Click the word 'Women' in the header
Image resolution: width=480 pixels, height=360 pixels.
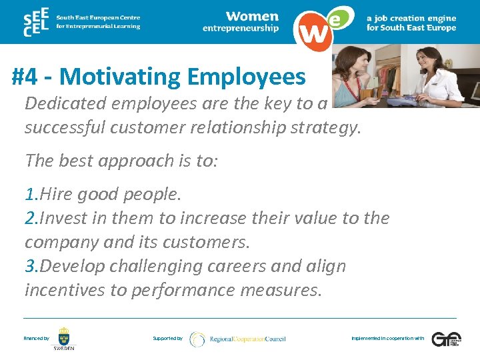[251, 16]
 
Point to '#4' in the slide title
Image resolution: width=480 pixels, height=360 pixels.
[26, 77]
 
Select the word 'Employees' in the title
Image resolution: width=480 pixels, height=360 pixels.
[247, 77]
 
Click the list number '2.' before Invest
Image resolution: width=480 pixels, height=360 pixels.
[31, 218]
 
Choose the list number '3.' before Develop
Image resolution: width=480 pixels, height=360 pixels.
[31, 266]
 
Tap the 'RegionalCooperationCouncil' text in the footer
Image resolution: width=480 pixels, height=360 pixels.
[247, 339]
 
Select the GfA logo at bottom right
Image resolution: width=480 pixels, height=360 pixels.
[446, 339]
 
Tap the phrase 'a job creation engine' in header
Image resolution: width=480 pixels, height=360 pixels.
[411, 18]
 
